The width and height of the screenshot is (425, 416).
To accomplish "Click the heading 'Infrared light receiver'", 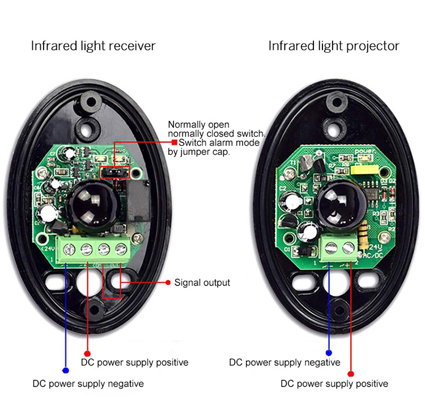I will pos(93,45).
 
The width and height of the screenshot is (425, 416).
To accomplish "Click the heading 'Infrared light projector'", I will pos(334,45).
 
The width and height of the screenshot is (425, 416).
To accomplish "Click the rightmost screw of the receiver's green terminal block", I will pos(120,248).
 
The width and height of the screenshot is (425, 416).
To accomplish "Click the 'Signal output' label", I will pos(202,282).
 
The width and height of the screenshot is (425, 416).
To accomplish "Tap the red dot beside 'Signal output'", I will pos(168,282).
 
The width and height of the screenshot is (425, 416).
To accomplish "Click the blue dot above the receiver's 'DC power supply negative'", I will pos(66,370).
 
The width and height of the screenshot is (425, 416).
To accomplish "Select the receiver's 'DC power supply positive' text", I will pos(134,362).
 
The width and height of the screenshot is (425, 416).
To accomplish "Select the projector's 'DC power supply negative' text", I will pos(284,362).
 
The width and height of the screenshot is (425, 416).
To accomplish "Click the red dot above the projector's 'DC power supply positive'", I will pos(350,373).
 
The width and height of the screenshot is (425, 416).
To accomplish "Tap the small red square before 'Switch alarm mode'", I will pos(175,142).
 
